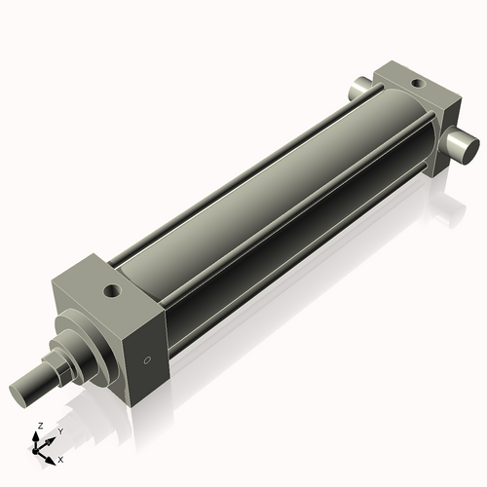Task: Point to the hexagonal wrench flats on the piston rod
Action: (x=58, y=367)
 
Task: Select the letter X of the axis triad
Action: (x=60, y=458)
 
